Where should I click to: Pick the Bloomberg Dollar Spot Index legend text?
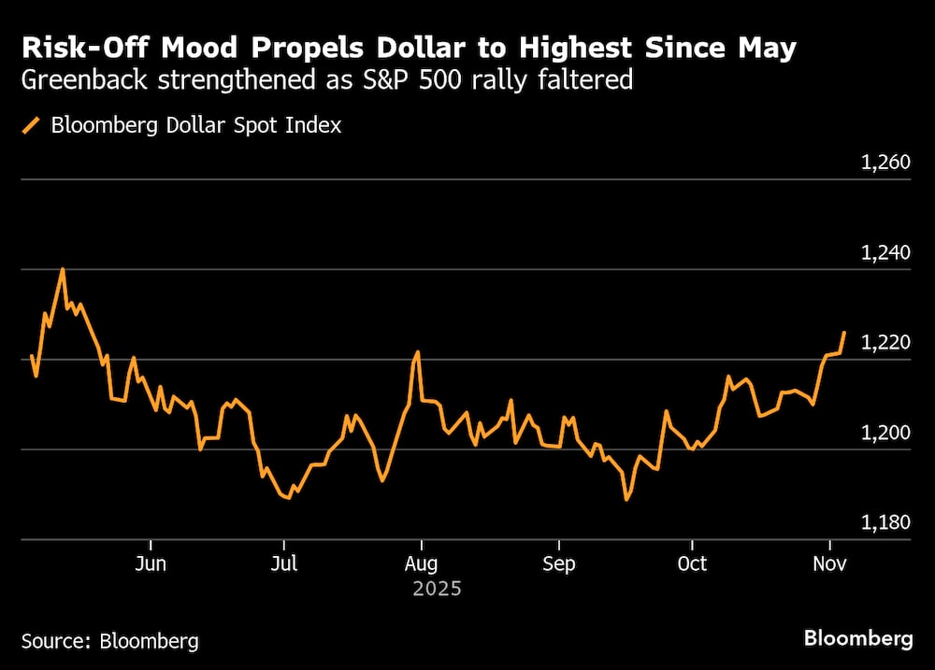tap(196, 125)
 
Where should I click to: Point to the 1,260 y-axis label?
tap(885, 164)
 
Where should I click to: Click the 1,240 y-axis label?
tap(885, 253)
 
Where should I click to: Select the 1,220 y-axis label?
tap(885, 343)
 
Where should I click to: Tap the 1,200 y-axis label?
tap(885, 434)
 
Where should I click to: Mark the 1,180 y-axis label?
tap(885, 523)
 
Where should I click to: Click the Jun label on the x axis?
tap(150, 564)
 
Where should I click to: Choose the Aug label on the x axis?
tap(422, 564)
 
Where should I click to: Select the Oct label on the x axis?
tap(692, 564)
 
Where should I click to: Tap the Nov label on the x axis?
tap(829, 564)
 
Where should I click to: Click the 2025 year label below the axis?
tap(437, 590)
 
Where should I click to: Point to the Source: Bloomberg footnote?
tap(109, 641)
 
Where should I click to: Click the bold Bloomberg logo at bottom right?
tap(857, 639)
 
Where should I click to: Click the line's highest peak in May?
tap(63, 269)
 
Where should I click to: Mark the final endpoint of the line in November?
tap(845, 332)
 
